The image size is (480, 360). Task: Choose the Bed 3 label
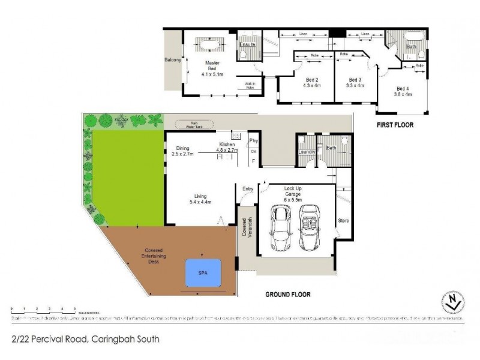(355, 82)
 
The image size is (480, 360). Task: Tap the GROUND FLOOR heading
(292, 295)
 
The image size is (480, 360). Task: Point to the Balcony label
(173, 60)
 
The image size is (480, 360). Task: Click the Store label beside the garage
(343, 221)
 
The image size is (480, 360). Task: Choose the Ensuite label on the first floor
(248, 45)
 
